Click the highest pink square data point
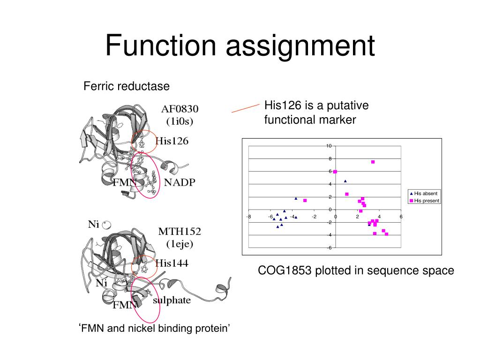point(373,162)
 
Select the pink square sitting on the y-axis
point(335,172)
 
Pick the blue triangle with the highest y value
point(345,181)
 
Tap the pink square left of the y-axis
point(305,201)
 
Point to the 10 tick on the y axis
point(329,146)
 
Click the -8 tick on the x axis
point(249,217)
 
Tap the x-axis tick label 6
point(401,217)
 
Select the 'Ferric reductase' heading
point(126,86)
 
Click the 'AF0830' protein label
point(180,109)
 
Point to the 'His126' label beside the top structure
point(172,141)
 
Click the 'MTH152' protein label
point(179,231)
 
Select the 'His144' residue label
point(172,263)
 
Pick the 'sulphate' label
point(172,300)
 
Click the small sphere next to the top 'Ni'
point(107,225)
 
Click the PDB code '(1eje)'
point(180,244)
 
